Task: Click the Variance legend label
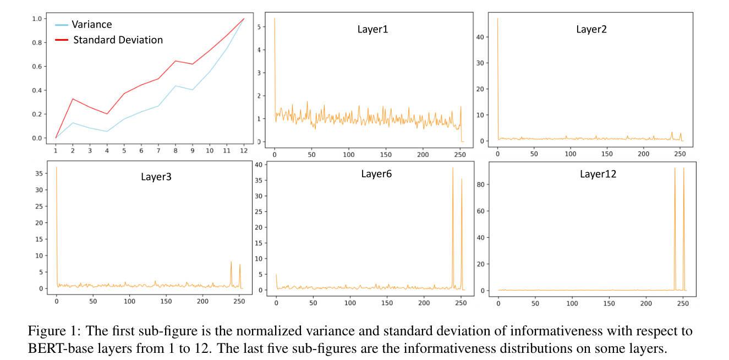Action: (91, 24)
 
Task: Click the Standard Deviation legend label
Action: (118, 40)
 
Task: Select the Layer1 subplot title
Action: (372, 29)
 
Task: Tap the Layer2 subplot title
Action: (591, 29)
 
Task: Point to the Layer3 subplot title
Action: (157, 177)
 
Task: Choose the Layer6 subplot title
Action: (376, 174)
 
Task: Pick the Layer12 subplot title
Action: (598, 174)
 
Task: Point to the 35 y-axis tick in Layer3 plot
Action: (39, 173)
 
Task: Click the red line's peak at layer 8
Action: (175, 61)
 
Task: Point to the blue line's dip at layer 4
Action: (107, 131)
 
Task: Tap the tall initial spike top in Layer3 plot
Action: (56, 167)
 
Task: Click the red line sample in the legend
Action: (62, 40)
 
